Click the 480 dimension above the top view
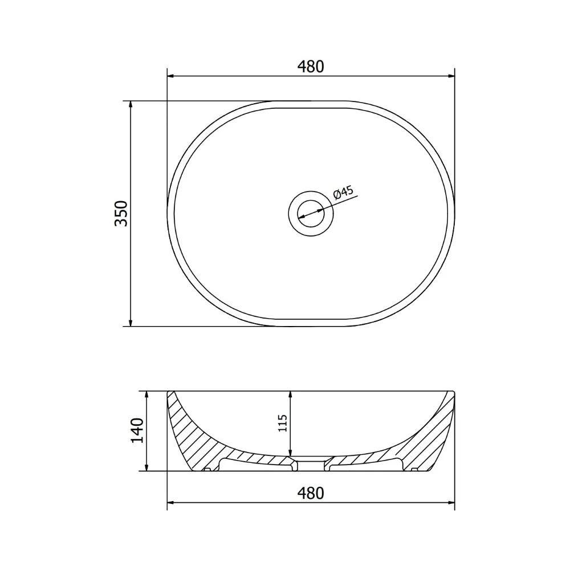[311, 67]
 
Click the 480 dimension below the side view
[311, 493]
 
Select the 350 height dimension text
[121, 214]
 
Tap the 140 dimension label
[137, 430]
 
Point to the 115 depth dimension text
[283, 423]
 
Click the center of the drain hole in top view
[311, 214]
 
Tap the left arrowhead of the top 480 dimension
[172, 76]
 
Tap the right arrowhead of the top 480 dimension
[450, 76]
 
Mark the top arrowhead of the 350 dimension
[131, 105]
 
